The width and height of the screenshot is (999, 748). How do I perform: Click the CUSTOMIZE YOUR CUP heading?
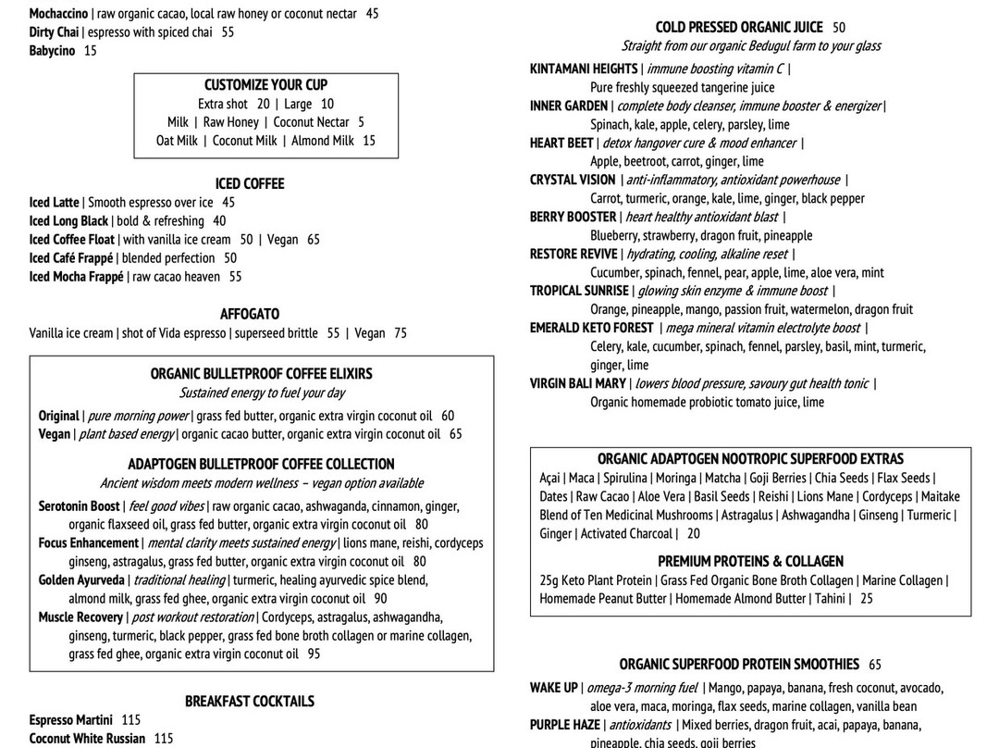click(x=265, y=85)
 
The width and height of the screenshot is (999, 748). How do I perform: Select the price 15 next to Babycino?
click(x=90, y=51)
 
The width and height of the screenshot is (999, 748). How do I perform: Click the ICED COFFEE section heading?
click(x=250, y=183)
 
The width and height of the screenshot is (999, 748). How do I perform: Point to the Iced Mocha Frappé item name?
click(x=76, y=277)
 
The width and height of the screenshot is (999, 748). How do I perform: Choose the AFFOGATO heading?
click(x=250, y=315)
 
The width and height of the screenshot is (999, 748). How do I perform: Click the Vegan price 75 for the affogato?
click(x=400, y=333)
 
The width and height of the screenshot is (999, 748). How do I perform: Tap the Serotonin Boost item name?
click(x=80, y=506)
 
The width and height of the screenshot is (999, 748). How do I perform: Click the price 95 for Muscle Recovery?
click(x=314, y=654)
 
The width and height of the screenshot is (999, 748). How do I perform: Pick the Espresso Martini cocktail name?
click(x=70, y=720)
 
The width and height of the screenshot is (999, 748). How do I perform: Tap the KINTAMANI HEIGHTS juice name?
click(x=584, y=69)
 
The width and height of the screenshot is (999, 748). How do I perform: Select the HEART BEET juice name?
click(x=561, y=143)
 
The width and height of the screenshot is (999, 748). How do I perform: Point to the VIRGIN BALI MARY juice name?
click(x=578, y=384)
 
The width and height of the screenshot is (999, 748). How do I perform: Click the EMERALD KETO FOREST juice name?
click(x=591, y=329)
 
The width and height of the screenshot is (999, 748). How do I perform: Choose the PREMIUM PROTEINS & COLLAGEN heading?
click(x=750, y=562)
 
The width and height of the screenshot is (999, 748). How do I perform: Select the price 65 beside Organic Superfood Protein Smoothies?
click(x=875, y=665)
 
